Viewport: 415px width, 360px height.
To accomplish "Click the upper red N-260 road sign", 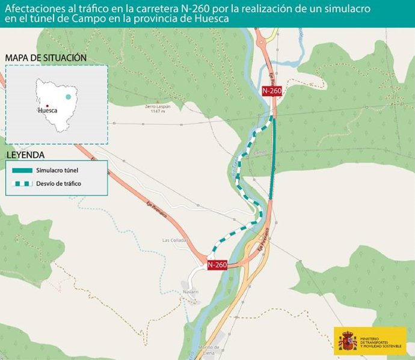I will [272, 90].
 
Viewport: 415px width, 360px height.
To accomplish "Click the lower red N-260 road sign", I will [217, 265].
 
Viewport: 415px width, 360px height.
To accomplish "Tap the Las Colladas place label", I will [175, 240].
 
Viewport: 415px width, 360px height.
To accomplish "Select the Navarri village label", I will [191, 292].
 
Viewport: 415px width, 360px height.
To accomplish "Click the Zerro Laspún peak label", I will [158, 109].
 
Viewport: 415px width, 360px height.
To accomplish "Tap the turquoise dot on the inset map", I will [69, 97].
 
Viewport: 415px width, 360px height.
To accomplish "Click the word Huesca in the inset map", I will [48, 111].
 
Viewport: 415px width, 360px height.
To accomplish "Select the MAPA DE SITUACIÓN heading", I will [46, 58].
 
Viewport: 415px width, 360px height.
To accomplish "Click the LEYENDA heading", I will [25, 155].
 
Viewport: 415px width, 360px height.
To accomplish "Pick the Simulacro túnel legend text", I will [57, 171].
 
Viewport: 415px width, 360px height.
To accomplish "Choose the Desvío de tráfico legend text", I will [58, 184].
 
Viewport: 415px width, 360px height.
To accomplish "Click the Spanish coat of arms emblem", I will [348, 341].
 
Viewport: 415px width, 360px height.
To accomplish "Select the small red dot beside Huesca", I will [47, 106].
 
